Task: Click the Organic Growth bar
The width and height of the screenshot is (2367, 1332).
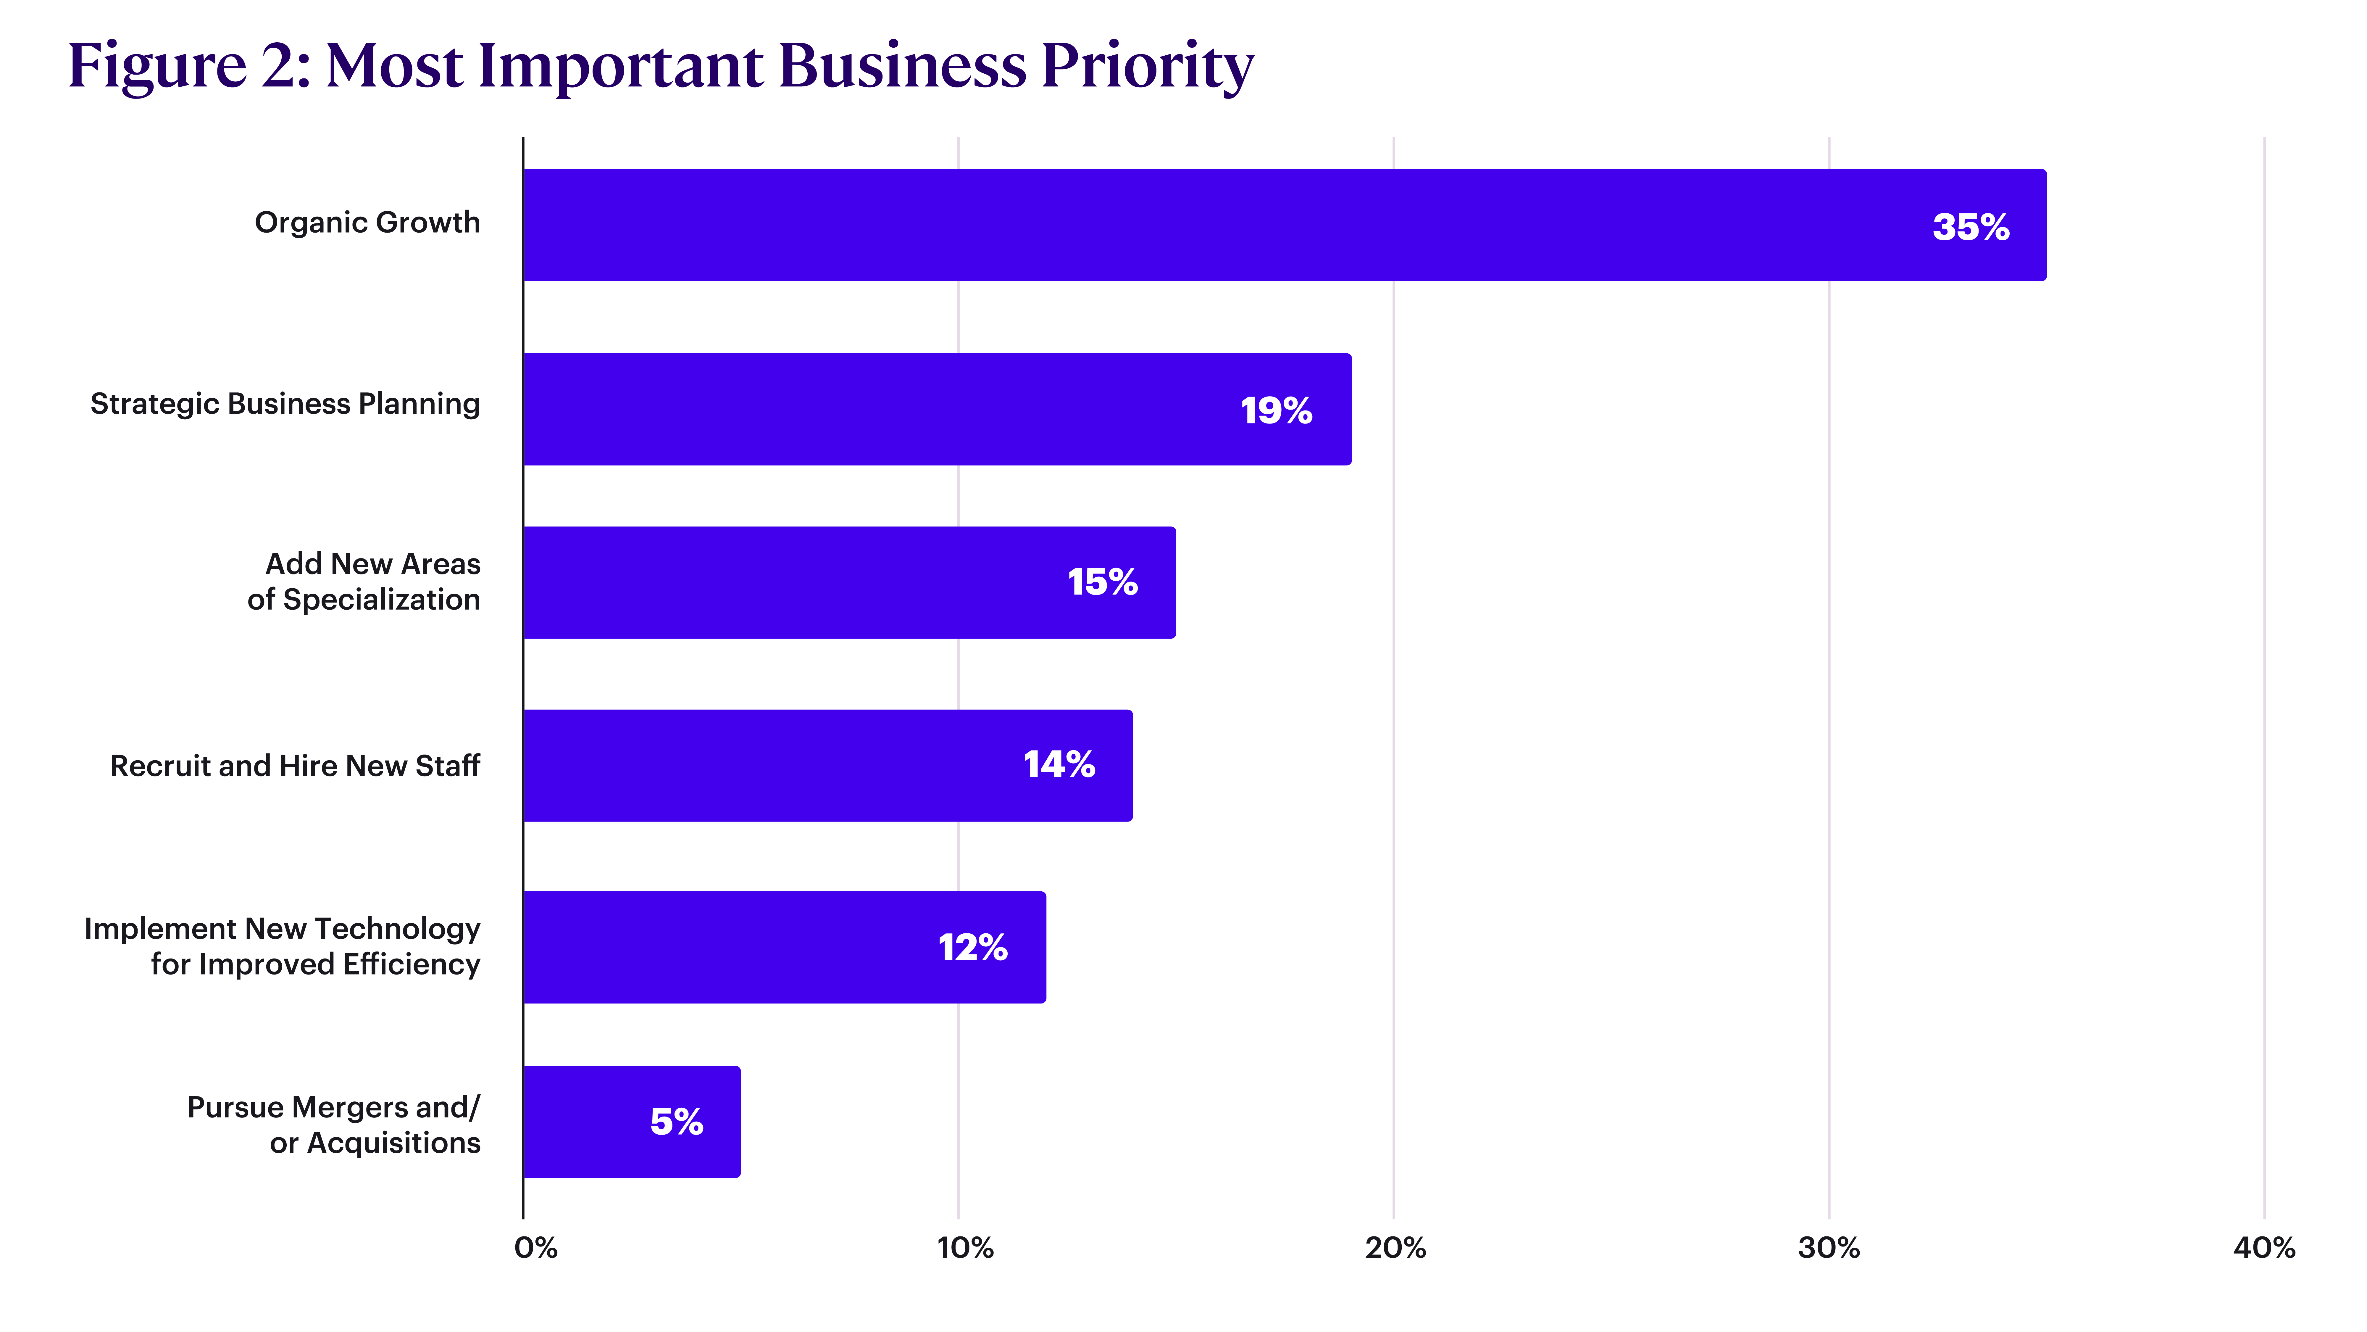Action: point(1285,225)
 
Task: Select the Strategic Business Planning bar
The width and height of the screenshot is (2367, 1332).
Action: point(937,409)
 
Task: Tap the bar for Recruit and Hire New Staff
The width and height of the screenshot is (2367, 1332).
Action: point(828,766)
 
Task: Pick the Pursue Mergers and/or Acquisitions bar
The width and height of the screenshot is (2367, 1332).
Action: point(632,1122)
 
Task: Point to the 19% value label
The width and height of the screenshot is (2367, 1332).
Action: point(1276,410)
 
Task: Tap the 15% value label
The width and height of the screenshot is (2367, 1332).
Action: point(1103,582)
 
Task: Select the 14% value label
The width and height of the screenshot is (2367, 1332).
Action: point(1059,764)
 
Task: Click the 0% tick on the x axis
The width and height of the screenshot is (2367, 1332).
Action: point(536,1247)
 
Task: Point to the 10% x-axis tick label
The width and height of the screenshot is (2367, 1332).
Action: point(965,1247)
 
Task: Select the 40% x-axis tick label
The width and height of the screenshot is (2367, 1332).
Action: point(2264,1247)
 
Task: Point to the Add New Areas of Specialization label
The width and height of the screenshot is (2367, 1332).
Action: point(364,581)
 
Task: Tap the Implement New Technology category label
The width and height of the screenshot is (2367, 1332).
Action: point(282,946)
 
